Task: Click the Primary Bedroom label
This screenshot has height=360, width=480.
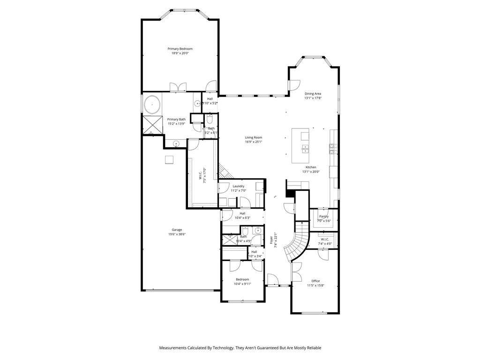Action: [180, 49]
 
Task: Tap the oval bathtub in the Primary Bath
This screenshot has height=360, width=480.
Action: [152, 104]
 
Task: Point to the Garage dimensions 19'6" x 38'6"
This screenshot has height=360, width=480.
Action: [176, 234]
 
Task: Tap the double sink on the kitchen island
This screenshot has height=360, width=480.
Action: [305, 150]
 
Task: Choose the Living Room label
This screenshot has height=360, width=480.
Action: [253, 137]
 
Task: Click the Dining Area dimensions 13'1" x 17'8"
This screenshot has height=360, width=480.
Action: [313, 98]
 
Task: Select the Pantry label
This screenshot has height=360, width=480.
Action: [324, 216]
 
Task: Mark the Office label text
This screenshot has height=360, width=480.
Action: [315, 281]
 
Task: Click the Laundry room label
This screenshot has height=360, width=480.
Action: [238, 186]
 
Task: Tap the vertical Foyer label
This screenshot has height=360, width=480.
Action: [271, 240]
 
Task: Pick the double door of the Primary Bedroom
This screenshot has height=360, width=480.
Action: [178, 87]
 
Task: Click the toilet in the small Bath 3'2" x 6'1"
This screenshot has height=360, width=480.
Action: [210, 117]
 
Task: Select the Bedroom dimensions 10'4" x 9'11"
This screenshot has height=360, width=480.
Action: [242, 284]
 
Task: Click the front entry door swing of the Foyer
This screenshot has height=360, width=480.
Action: [272, 279]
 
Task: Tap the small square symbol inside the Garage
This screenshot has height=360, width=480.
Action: [169, 160]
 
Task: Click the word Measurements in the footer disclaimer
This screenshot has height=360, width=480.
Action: [175, 348]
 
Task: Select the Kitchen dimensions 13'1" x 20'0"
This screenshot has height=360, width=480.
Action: [311, 172]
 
